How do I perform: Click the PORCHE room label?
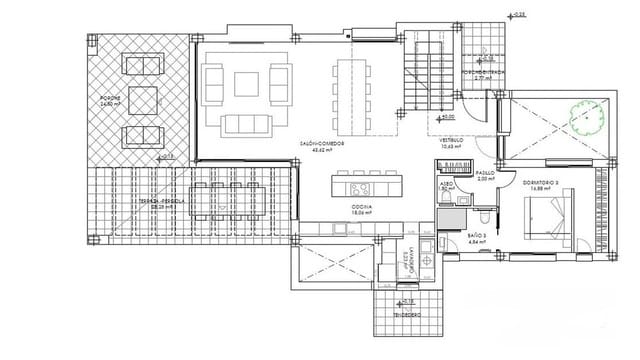109,100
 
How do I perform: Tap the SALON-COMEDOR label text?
321,144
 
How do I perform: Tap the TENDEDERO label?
402,313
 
